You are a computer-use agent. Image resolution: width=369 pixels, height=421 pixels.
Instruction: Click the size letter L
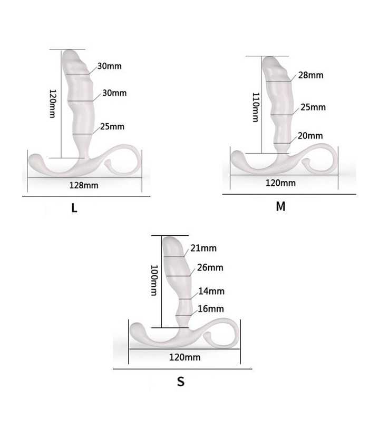pos(74,208)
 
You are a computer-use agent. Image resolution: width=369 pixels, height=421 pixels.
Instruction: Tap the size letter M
pos(280,206)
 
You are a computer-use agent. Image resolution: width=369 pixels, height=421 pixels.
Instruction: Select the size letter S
pos(181,382)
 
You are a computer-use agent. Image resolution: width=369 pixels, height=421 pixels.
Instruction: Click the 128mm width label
pos(84,185)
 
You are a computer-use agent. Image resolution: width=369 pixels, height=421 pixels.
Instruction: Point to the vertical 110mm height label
pos(255,107)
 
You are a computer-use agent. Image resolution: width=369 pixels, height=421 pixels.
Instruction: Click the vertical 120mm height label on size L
pos(52,103)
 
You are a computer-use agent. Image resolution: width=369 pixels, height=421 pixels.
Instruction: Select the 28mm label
pos(310,75)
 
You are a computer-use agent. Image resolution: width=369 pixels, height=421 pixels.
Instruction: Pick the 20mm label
pos(310,136)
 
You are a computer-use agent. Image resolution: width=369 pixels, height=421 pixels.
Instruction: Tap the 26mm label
pos(210,267)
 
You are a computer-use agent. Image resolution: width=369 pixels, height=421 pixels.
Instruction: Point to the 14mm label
pos(211,291)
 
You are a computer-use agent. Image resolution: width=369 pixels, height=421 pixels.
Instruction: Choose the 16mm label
pos(211,308)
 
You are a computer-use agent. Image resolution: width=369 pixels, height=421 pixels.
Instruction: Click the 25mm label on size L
pos(112,126)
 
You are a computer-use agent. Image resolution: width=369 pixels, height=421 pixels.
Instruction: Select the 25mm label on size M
pos(313,107)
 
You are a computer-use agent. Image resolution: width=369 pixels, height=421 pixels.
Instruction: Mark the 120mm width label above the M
pos(281,183)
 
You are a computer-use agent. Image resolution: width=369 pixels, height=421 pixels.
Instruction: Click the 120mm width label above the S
pos(185,357)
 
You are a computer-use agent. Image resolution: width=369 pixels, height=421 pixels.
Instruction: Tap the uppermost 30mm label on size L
pos(108,67)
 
